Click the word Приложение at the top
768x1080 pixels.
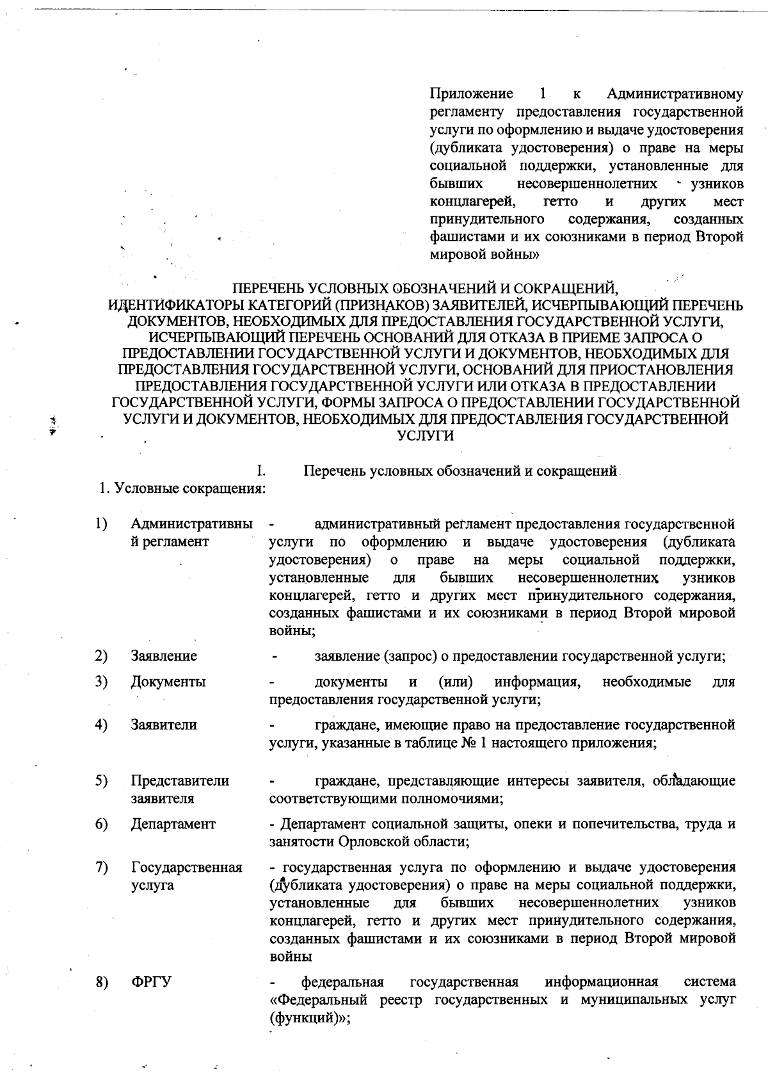click(471, 94)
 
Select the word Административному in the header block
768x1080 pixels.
click(675, 94)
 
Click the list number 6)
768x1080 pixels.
click(101, 824)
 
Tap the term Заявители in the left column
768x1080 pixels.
click(164, 725)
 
